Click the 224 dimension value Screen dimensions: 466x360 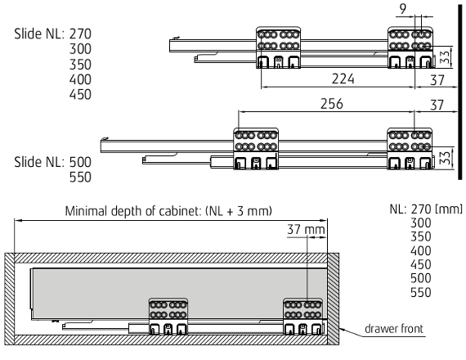[343, 79]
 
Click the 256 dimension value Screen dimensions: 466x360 [332, 104]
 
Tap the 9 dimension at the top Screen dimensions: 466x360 [403, 9]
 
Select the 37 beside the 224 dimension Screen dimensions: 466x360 [437, 80]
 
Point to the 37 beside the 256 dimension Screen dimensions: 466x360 [437, 105]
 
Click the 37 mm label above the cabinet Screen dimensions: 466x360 [306, 230]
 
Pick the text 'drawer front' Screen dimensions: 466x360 [394, 329]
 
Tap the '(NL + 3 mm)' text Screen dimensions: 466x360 [239, 211]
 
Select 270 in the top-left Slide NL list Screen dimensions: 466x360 [80, 34]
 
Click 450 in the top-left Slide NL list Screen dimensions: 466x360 [80, 95]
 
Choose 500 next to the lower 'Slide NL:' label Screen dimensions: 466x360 [80, 162]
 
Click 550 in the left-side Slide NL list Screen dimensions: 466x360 [80, 178]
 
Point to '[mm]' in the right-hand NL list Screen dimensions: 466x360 [449, 209]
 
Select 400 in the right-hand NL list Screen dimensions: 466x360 [421, 251]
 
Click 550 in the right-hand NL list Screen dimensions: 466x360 [421, 292]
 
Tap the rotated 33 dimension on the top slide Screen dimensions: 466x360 [445, 57]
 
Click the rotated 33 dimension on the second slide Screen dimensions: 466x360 [445, 158]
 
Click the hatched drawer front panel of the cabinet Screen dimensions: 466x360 [334, 299]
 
